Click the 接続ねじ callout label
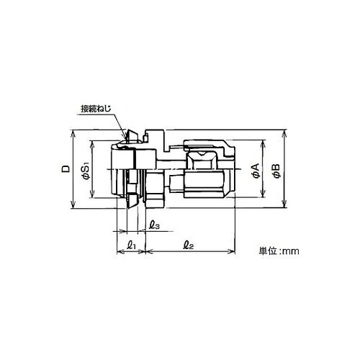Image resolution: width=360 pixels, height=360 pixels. [x=96, y=109]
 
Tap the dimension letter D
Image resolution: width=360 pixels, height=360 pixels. [x=66, y=168]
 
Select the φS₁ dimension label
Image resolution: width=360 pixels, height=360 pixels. [x=86, y=170]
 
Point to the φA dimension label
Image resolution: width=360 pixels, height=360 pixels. [x=256, y=171]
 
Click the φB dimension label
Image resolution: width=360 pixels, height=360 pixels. [x=276, y=171]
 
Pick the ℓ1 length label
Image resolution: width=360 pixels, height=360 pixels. [x=132, y=245]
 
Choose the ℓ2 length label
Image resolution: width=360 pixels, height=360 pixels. [x=189, y=245]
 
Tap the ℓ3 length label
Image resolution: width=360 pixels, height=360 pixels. [x=154, y=225]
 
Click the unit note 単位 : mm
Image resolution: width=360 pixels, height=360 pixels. [x=279, y=251]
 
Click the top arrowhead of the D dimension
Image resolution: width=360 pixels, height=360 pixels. [x=73, y=132]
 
